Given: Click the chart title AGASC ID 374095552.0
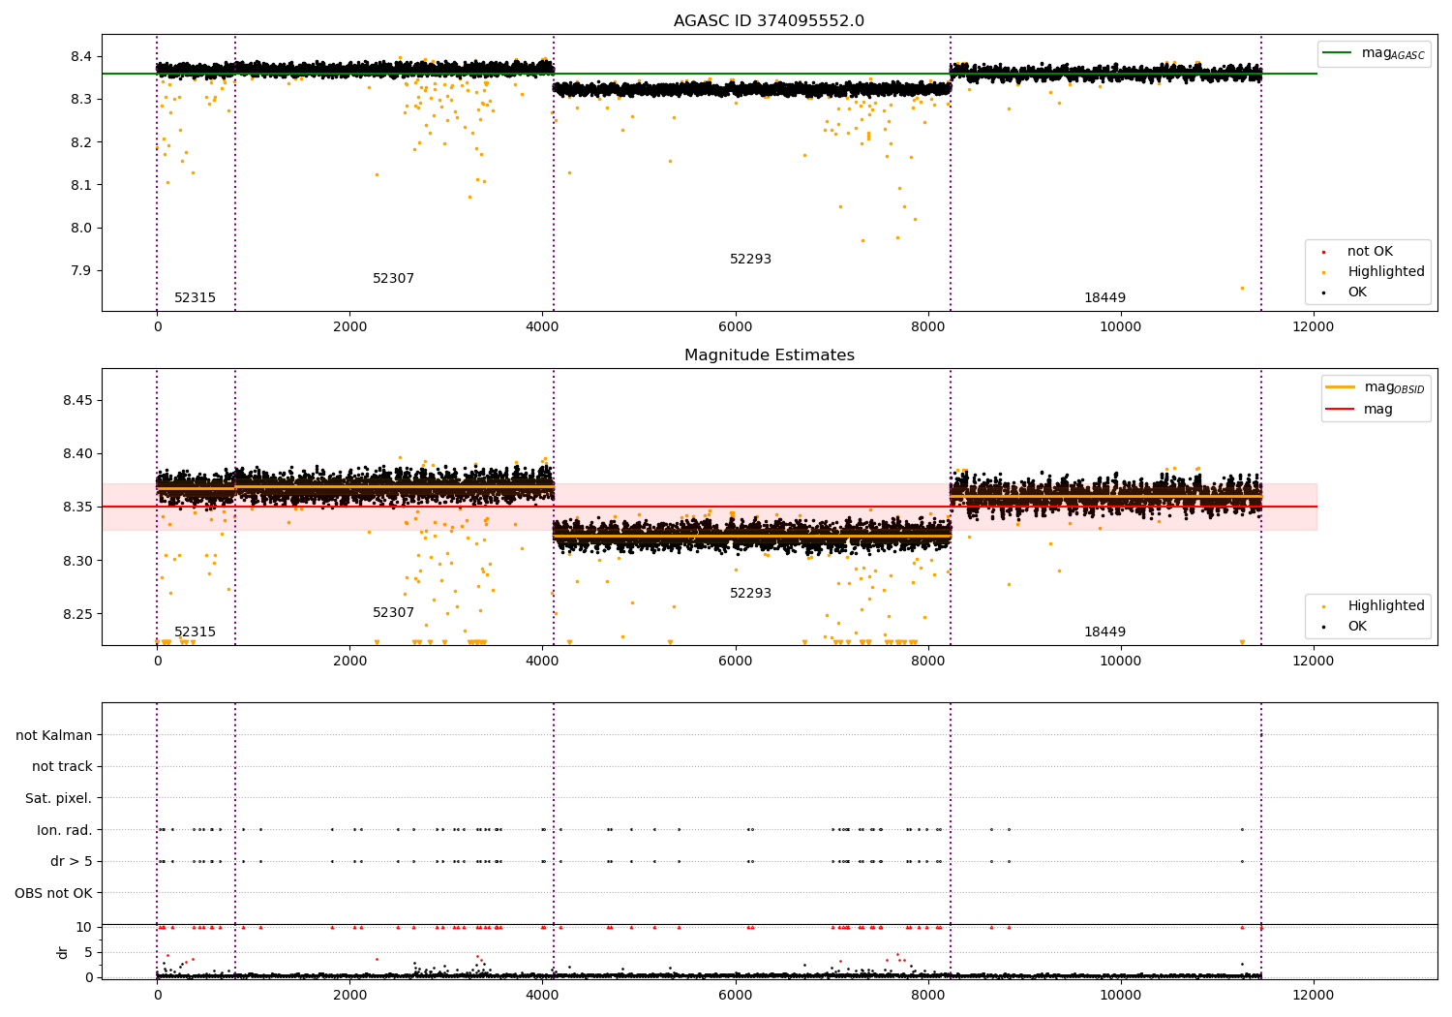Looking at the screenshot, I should (x=769, y=21).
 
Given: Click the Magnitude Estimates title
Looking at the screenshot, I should (x=769, y=355).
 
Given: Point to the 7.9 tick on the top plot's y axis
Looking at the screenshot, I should (x=82, y=271).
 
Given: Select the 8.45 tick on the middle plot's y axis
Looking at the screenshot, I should (x=77, y=401).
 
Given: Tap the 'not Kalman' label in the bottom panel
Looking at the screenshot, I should (x=54, y=735).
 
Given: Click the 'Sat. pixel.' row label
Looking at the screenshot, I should (x=59, y=798).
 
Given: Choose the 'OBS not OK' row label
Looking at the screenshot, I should (x=54, y=893).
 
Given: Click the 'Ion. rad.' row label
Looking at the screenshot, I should (x=65, y=830).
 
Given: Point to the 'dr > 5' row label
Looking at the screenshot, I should (x=72, y=861).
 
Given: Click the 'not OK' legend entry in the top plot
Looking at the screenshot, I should (x=1370, y=252).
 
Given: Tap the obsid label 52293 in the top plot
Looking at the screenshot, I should (x=750, y=260).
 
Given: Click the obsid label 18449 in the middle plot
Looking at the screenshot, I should (x=1104, y=632).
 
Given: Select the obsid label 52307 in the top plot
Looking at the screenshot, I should (x=393, y=279).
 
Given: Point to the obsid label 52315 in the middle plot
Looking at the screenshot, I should (x=195, y=632).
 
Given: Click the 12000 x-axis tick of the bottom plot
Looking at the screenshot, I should (x=1313, y=995).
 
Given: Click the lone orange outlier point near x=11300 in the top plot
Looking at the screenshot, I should (x=1242, y=288).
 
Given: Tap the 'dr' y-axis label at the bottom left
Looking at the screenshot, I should (x=63, y=952).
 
